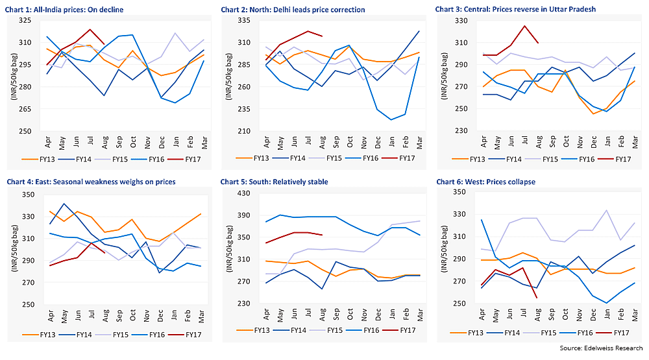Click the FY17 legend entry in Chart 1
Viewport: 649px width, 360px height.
pos(188,158)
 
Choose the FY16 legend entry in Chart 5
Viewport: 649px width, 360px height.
pos(365,331)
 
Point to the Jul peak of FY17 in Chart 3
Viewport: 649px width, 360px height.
pos(524,26)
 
